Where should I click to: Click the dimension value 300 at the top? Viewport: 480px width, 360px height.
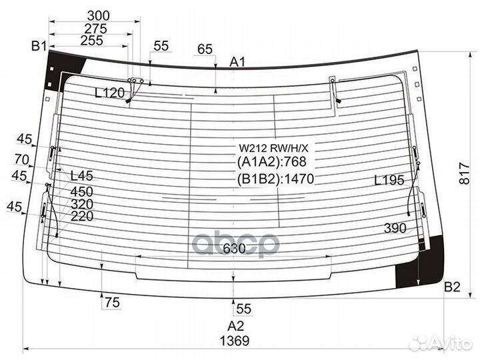tap(98, 15)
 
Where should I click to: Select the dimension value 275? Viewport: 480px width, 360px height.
tap(95, 29)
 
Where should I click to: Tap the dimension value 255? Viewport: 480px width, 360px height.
tap(91, 41)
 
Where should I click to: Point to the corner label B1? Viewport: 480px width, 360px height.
tap(39, 46)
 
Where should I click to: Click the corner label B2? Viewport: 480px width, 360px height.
tap(452, 287)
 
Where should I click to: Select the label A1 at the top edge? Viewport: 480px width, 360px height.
tap(237, 62)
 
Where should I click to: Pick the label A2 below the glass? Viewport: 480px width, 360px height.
tap(235, 326)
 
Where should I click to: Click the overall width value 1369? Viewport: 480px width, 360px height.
tap(235, 341)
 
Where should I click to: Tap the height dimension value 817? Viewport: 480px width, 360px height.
tap(465, 173)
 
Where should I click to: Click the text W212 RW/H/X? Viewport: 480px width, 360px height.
tap(274, 149)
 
